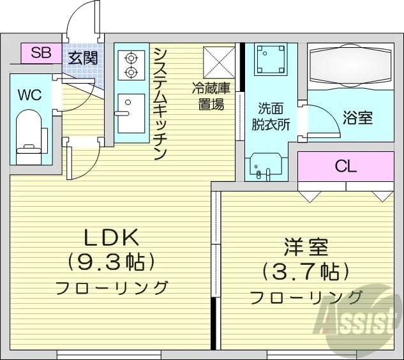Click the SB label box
pyautogui.click(x=41, y=53)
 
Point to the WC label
pyautogui.click(x=29, y=95)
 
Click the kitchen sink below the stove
pyautogui.click(x=131, y=112)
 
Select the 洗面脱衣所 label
pyautogui.click(x=274, y=116)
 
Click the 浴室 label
pyautogui.click(x=357, y=117)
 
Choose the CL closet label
pyautogui.click(x=346, y=167)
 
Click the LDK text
pyautogui.click(x=112, y=238)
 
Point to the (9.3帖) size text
pyautogui.click(x=112, y=261)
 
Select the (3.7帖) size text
pyautogui.click(x=306, y=272)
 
